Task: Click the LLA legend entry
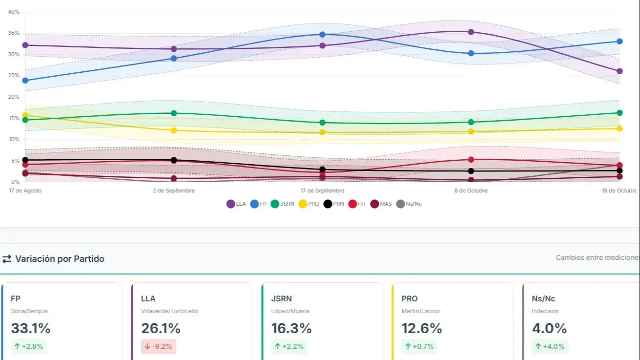pyautogui.click(x=236, y=204)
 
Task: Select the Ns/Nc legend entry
pyautogui.click(x=409, y=204)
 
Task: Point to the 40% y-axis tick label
pyautogui.click(x=14, y=12)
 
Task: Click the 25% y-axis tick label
pyautogui.click(x=14, y=76)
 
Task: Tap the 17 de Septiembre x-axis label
pyautogui.click(x=322, y=191)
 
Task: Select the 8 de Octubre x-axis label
pyautogui.click(x=471, y=191)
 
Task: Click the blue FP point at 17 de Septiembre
pyautogui.click(x=322, y=35)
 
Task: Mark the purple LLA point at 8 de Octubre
pyautogui.click(x=471, y=32)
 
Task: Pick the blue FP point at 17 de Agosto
pyautogui.click(x=25, y=81)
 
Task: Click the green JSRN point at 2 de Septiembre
pyautogui.click(x=174, y=113)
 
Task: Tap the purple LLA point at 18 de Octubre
pyautogui.click(x=619, y=71)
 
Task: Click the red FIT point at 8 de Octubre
pyautogui.click(x=471, y=160)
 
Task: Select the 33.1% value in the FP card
pyautogui.click(x=30, y=328)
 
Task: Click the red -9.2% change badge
pyautogui.click(x=159, y=346)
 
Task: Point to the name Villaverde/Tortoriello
pyautogui.click(x=169, y=311)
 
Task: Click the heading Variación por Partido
pyautogui.click(x=60, y=259)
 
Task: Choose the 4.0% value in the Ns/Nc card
pyautogui.click(x=549, y=328)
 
